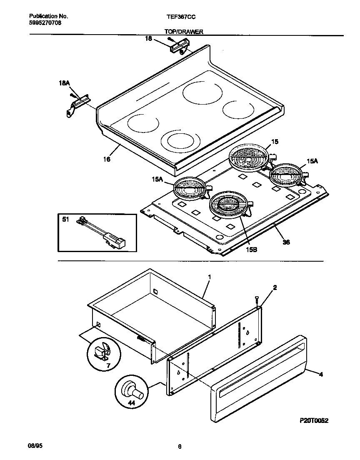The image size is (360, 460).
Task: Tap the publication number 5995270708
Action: click(x=45, y=23)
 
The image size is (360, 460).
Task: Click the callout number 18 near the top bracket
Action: click(x=148, y=39)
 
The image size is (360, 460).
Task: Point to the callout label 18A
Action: click(x=64, y=84)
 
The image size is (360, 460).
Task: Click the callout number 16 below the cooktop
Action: click(x=107, y=159)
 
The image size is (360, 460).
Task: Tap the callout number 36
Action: click(x=286, y=241)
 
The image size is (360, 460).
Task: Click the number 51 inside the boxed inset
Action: click(x=65, y=220)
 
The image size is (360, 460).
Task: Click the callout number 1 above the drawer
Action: click(x=210, y=277)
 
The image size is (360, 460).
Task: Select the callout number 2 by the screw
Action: click(x=275, y=287)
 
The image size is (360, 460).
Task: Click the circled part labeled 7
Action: click(x=102, y=352)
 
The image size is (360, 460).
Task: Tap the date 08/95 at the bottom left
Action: click(x=36, y=446)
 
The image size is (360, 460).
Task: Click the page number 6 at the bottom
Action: click(x=180, y=447)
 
